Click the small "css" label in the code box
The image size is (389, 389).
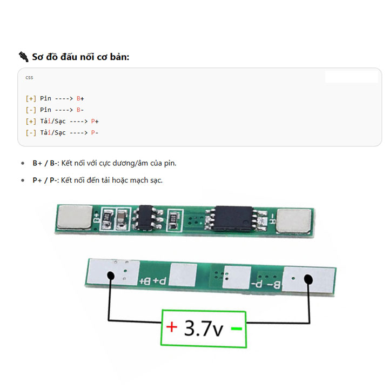point(29,77)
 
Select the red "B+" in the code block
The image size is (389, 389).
point(80,98)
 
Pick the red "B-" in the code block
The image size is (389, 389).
point(80,110)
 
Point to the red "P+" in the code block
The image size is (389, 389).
point(95,121)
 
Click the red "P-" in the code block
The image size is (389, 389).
point(95,132)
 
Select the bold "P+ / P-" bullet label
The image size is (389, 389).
point(44,180)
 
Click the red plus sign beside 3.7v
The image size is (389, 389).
point(172,327)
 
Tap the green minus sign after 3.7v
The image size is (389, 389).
point(236,328)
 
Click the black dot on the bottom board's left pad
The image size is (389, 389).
point(110,276)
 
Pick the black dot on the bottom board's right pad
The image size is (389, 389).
point(308,279)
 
